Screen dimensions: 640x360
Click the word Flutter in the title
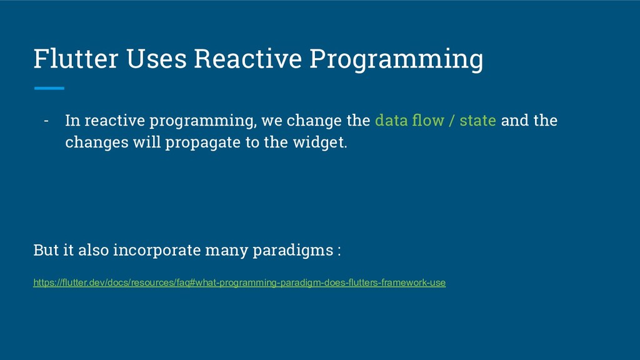coord(76,58)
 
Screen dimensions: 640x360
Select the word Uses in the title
coord(156,58)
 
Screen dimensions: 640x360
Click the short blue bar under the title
coord(49,88)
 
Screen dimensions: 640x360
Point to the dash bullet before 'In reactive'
coord(46,121)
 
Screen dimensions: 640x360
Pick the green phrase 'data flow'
coord(409,120)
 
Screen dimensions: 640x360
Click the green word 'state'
coord(478,121)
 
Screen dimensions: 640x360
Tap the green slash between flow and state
coord(452,121)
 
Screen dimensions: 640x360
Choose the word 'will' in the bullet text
coord(147,142)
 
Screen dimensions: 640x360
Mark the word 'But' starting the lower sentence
coord(46,250)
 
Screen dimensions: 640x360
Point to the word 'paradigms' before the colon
coord(293,250)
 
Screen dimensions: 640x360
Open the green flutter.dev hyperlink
coord(239,282)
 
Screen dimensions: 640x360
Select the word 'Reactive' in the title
coord(247,58)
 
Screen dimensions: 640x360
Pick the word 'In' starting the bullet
coord(72,121)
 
